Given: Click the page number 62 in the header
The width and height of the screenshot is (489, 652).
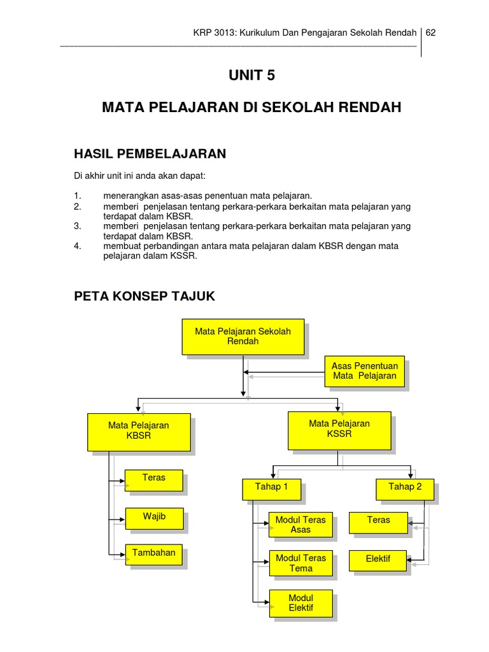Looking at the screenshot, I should (431, 32).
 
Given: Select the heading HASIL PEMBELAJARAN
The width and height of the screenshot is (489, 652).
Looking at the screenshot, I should (150, 153).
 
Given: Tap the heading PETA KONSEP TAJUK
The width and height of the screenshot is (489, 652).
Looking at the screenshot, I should (145, 296).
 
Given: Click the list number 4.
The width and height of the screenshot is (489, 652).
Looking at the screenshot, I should (78, 246).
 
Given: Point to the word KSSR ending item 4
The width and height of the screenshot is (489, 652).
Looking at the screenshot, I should (187, 257).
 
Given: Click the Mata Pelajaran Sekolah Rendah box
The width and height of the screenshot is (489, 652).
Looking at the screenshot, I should (243, 336).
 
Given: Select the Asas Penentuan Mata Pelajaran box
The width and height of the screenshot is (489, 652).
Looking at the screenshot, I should (365, 371).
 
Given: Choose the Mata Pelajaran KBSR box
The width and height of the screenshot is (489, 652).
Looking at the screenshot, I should (139, 430).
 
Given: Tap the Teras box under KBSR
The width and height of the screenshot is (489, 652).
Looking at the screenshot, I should (154, 480).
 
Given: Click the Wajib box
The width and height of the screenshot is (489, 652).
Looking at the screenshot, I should (154, 518).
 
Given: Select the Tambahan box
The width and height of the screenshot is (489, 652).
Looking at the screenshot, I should (154, 554).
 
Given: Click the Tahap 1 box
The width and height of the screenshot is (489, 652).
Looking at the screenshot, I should (272, 488).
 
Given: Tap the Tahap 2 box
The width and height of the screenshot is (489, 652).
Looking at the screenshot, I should (406, 488).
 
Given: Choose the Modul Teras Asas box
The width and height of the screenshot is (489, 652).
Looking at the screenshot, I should (301, 525).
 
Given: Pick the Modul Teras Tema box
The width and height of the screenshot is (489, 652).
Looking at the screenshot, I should (301, 563).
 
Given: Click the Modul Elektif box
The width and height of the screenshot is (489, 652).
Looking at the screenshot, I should (301, 602).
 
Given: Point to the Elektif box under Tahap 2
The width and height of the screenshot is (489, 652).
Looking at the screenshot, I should (378, 560).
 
